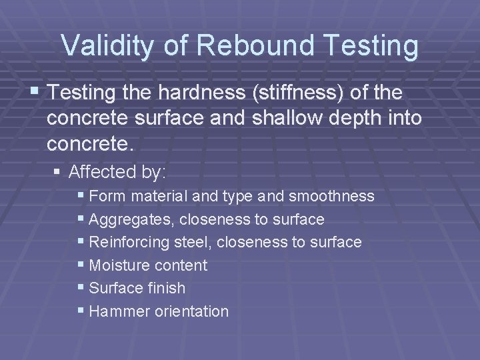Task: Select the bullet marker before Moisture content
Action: point(81,265)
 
